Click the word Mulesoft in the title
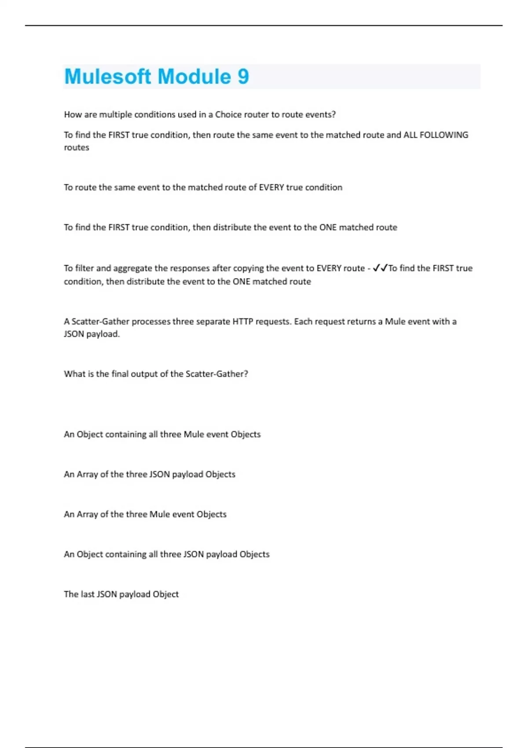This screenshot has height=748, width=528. tap(108, 77)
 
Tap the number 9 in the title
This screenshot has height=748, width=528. tap(243, 77)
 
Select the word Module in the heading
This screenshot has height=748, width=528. tap(194, 77)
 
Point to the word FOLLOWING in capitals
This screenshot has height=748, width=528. tap(444, 135)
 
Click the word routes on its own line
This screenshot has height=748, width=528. tap(77, 148)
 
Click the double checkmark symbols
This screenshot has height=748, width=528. tap(380, 268)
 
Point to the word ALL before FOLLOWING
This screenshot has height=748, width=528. tap(411, 135)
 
